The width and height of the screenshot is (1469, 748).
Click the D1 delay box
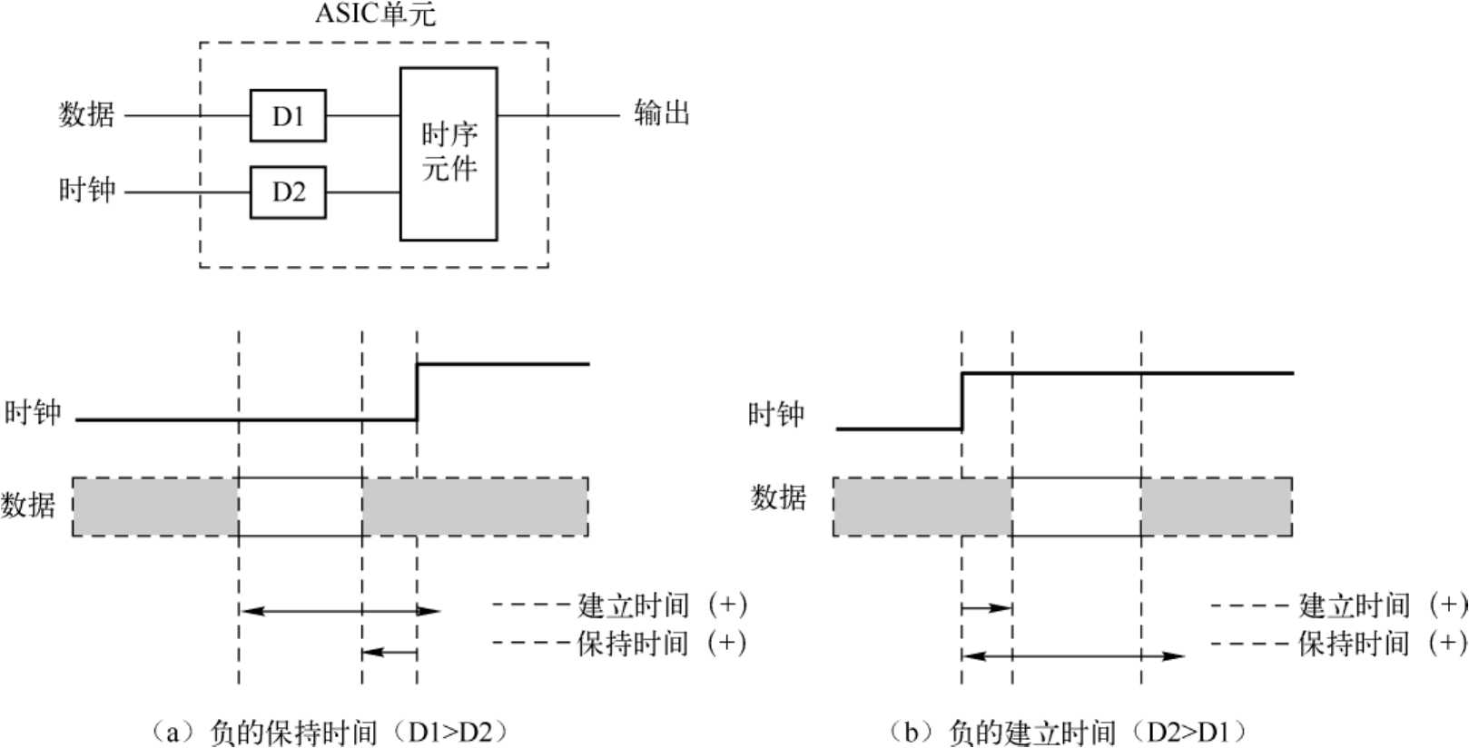click(x=288, y=115)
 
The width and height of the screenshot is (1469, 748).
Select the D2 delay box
click(x=288, y=192)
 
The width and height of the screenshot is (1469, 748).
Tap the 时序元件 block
click(x=449, y=153)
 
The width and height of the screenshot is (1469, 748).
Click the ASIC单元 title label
click(x=375, y=15)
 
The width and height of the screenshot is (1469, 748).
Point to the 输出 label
click(x=662, y=114)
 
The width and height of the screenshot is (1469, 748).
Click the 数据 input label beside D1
click(x=87, y=115)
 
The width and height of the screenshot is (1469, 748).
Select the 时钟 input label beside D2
click(x=87, y=191)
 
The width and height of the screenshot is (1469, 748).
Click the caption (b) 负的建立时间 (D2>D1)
click(x=1068, y=732)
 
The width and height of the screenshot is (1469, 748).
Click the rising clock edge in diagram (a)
click(x=417, y=392)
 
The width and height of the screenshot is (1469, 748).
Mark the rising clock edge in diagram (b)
click(x=961, y=400)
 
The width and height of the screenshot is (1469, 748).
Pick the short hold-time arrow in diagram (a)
click(x=389, y=652)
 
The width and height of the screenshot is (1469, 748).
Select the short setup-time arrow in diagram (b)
click(x=986, y=607)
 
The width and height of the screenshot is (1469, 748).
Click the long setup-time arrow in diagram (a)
click(x=340, y=611)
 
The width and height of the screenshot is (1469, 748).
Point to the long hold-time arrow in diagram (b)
click(x=1072, y=655)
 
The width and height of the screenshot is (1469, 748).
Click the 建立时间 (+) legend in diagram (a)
click(x=662, y=605)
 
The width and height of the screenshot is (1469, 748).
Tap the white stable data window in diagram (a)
click(x=300, y=507)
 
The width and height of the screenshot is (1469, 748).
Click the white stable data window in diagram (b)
click(x=1077, y=507)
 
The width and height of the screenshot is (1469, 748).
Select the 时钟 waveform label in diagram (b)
click(x=776, y=415)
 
